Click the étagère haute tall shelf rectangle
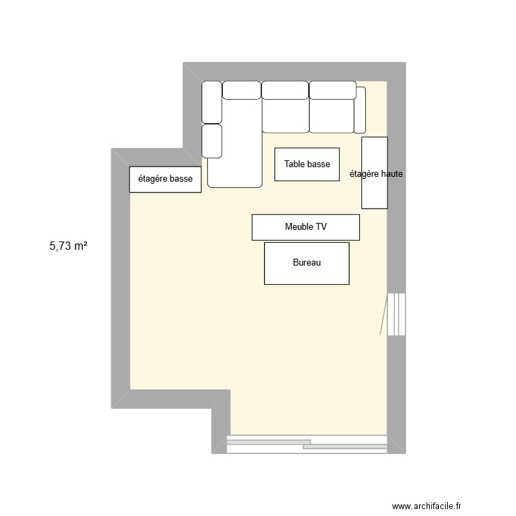coord(374,193)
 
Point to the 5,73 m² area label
coord(68,245)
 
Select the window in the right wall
coord(395,314)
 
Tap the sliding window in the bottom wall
coord(307,444)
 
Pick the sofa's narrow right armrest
coord(360,110)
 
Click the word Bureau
coord(307,263)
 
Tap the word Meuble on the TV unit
coord(299,226)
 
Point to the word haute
coord(390,175)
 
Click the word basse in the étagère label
coord(182,179)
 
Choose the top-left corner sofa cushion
coord(212,102)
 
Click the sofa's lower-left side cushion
coord(212,140)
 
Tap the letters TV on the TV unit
coord(321,226)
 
